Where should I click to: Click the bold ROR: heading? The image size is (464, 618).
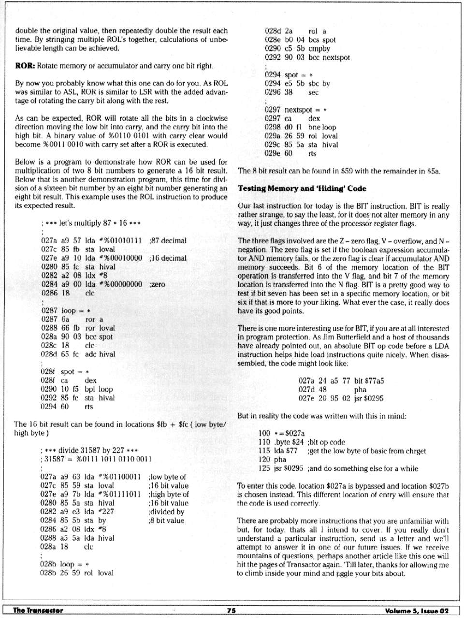pyautogui.click(x=25, y=66)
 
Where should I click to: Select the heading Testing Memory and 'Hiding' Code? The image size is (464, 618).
pyautogui.click(x=302, y=188)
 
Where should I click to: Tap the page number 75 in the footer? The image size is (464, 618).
pyautogui.click(x=232, y=610)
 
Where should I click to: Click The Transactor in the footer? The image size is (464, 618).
pyautogui.click(x=38, y=610)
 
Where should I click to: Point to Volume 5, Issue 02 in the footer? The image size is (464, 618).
pyautogui.click(x=417, y=610)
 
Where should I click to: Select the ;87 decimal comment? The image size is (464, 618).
pyautogui.click(x=168, y=240)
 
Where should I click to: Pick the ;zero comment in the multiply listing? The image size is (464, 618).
pyautogui.click(x=158, y=284)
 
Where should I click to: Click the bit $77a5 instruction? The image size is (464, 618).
pyautogui.click(x=369, y=381)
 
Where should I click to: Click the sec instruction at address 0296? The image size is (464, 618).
pyautogui.click(x=313, y=92)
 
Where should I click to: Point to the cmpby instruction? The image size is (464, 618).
pyautogui.click(x=319, y=48)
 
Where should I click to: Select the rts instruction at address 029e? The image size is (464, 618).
pyautogui.click(x=312, y=154)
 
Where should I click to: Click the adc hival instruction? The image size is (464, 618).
pyautogui.click(x=100, y=354)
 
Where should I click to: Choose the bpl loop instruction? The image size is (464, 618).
pyautogui.click(x=99, y=389)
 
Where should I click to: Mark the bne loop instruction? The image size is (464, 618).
pyautogui.click(x=322, y=127)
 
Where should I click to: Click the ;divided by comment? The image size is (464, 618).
pyautogui.click(x=167, y=511)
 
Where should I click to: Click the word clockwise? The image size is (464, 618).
pyautogui.click(x=203, y=118)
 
